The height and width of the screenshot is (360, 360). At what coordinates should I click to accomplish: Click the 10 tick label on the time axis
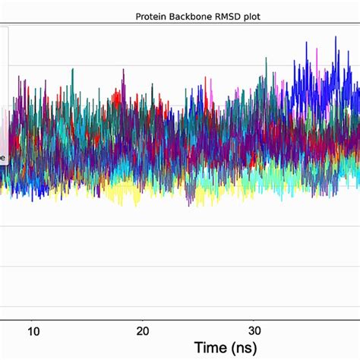pos(33,332)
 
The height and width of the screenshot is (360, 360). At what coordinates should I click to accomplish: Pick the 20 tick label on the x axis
pos(143,332)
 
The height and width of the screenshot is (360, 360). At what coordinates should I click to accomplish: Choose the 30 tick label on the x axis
pos(255,332)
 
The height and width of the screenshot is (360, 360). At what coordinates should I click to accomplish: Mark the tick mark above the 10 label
pos(33,321)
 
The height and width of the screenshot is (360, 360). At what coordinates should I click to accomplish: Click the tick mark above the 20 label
pos(143,321)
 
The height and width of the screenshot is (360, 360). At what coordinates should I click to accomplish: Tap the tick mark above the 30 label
pos(255,321)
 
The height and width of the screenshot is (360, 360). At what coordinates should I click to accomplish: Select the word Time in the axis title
pos(210,348)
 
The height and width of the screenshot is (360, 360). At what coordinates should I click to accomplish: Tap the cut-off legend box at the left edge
pos(4,91)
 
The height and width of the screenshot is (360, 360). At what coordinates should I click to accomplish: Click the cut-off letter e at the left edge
pos(2,158)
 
